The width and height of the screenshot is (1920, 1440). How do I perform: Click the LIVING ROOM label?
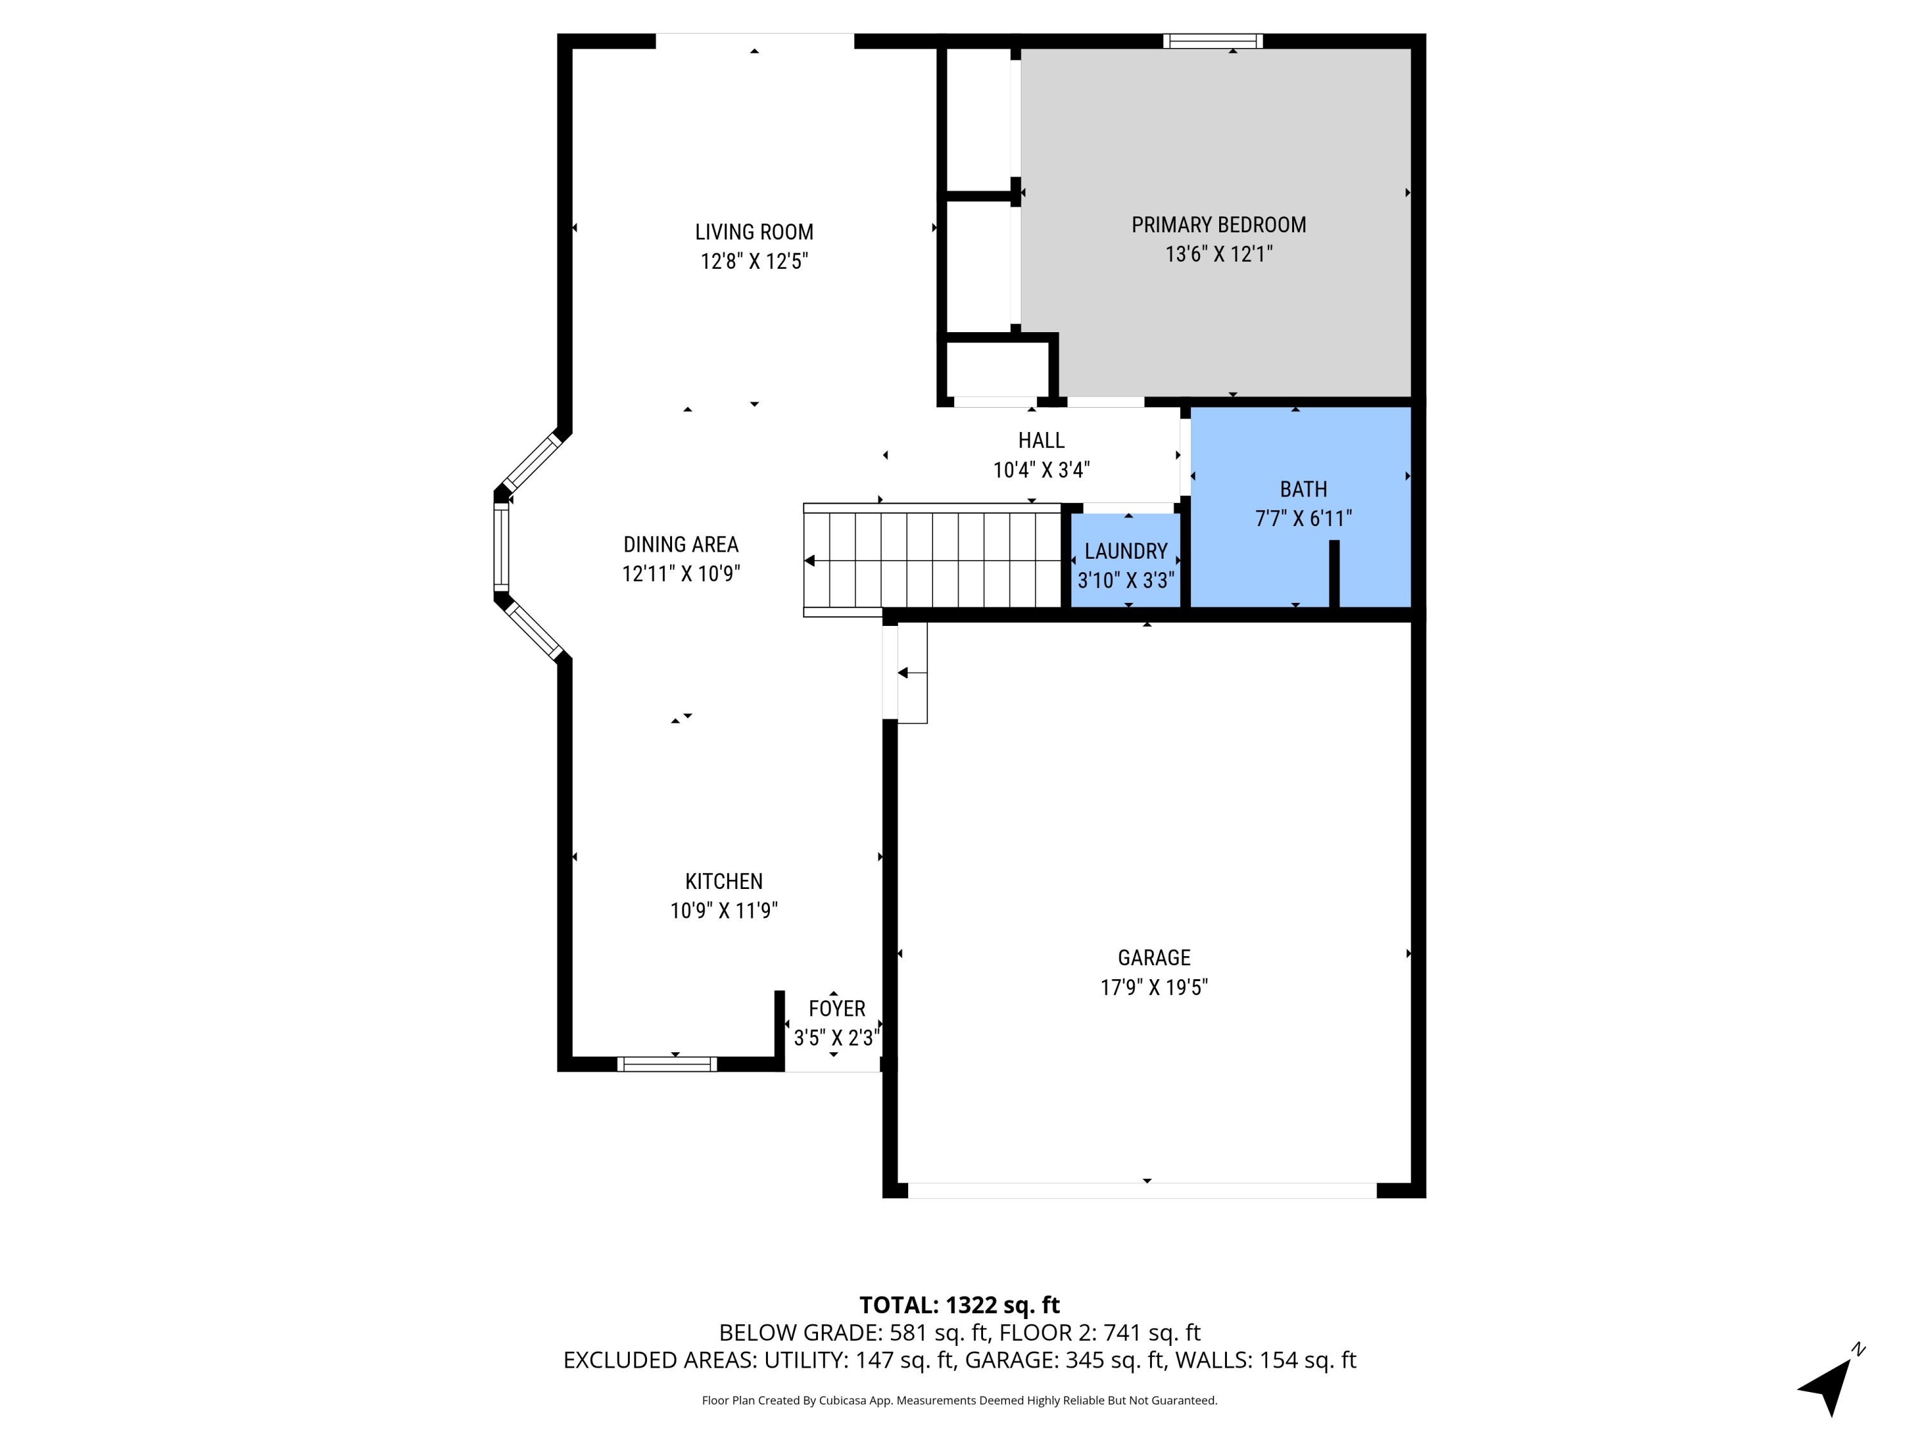(x=753, y=232)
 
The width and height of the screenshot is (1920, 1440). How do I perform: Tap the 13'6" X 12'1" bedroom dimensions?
(x=1218, y=254)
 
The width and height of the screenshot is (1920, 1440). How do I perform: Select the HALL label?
(x=1041, y=440)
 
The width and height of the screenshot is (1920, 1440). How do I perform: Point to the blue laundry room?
(x=1125, y=564)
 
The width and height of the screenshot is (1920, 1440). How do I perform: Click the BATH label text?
(x=1303, y=489)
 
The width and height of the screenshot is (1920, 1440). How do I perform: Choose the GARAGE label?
(x=1153, y=957)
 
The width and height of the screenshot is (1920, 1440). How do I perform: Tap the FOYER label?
(x=836, y=1009)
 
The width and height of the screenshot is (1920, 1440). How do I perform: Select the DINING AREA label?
(x=680, y=544)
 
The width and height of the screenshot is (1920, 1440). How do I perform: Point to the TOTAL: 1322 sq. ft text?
(x=959, y=1304)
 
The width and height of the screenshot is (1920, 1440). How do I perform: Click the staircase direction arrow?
(x=810, y=561)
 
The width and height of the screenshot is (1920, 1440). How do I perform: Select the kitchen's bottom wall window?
(x=667, y=1064)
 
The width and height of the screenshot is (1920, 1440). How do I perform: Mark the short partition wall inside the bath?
(x=1334, y=573)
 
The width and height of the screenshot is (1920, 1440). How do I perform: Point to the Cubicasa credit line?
(x=959, y=1400)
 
